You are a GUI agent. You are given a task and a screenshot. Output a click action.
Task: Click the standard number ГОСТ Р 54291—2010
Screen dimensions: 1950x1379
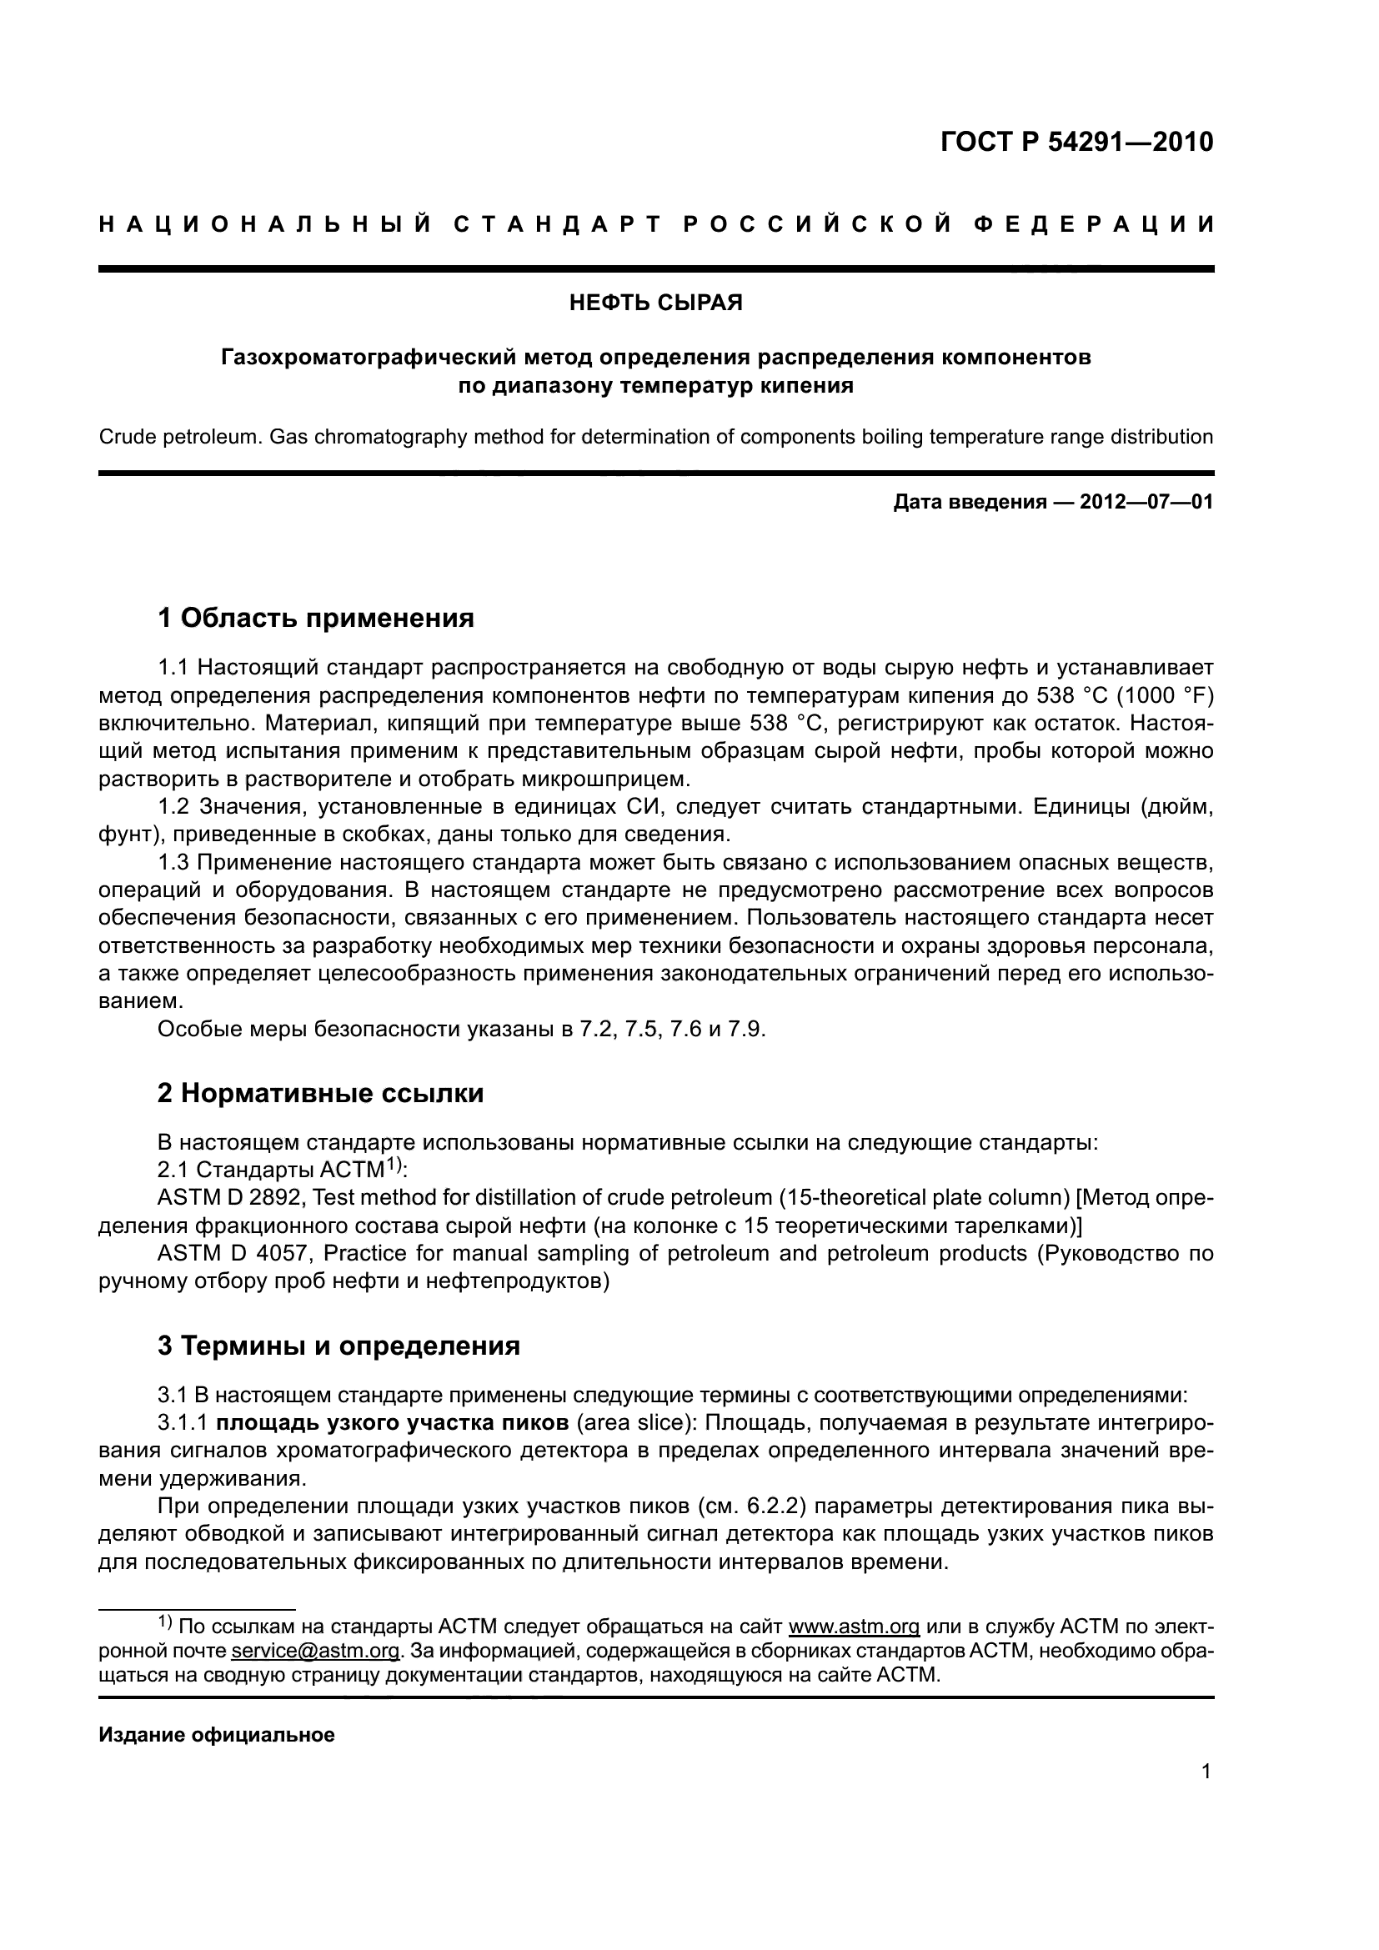(x=1076, y=142)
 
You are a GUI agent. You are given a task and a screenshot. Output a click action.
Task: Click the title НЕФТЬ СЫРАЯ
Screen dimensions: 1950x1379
(x=655, y=303)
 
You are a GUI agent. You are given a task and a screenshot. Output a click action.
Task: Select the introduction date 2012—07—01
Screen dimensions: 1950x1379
(x=1146, y=502)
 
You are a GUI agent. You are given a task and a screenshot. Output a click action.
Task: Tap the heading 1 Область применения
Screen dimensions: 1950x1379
(x=315, y=618)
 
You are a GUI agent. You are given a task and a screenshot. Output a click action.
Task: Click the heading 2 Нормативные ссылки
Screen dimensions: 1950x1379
(x=320, y=1093)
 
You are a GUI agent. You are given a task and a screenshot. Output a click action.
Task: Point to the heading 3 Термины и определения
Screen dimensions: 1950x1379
(x=338, y=1346)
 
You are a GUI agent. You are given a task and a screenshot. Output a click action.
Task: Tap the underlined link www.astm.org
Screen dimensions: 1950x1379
(x=854, y=1627)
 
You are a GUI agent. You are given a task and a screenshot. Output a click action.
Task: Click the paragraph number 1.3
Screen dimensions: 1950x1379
(x=174, y=863)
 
